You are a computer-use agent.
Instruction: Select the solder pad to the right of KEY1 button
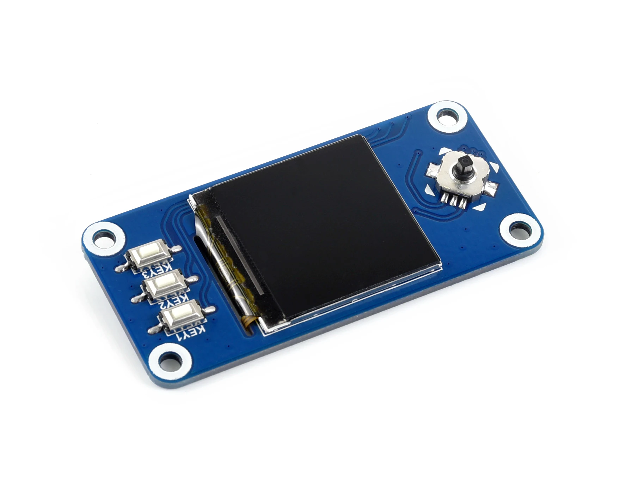click(x=209, y=310)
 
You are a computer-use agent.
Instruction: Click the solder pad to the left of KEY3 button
click(x=121, y=269)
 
